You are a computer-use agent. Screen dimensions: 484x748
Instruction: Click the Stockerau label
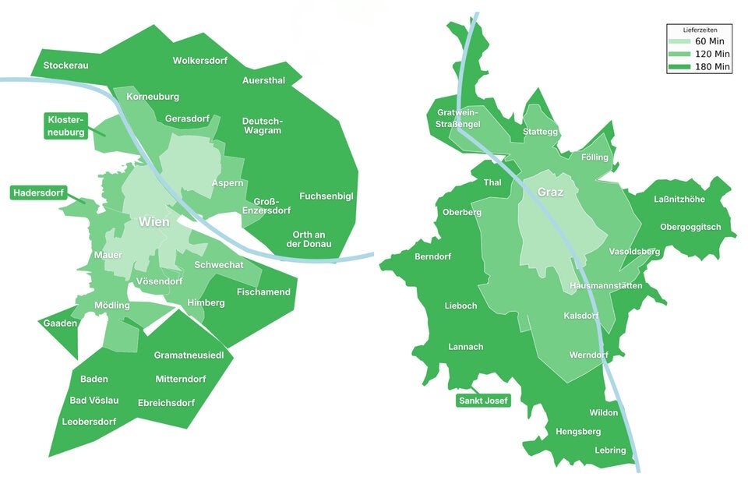[66, 65]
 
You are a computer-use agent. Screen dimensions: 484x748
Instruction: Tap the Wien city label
[154, 222]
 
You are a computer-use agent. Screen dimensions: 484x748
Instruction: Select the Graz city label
[550, 192]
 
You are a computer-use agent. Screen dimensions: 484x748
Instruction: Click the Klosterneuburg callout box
[66, 125]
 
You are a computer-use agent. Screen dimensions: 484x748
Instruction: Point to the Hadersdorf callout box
[37, 193]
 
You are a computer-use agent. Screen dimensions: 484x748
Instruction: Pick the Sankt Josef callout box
[483, 401]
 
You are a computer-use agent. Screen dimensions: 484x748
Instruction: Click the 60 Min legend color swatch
[680, 41]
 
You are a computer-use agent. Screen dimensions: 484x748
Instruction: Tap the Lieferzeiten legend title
[699, 29]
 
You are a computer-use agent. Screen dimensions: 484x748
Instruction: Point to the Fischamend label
[263, 292]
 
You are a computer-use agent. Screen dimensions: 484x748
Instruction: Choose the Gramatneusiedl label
[189, 355]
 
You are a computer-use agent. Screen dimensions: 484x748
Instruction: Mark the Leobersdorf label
[89, 422]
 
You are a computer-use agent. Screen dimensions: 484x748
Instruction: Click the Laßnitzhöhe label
[679, 200]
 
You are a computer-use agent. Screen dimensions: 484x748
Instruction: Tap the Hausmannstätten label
[606, 286]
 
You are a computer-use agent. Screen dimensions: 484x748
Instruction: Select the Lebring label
[610, 450]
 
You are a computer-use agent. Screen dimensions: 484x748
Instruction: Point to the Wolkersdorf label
[199, 61]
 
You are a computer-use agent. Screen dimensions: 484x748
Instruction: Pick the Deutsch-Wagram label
[263, 126]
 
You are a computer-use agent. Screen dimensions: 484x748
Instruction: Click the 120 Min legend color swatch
[680, 54]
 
